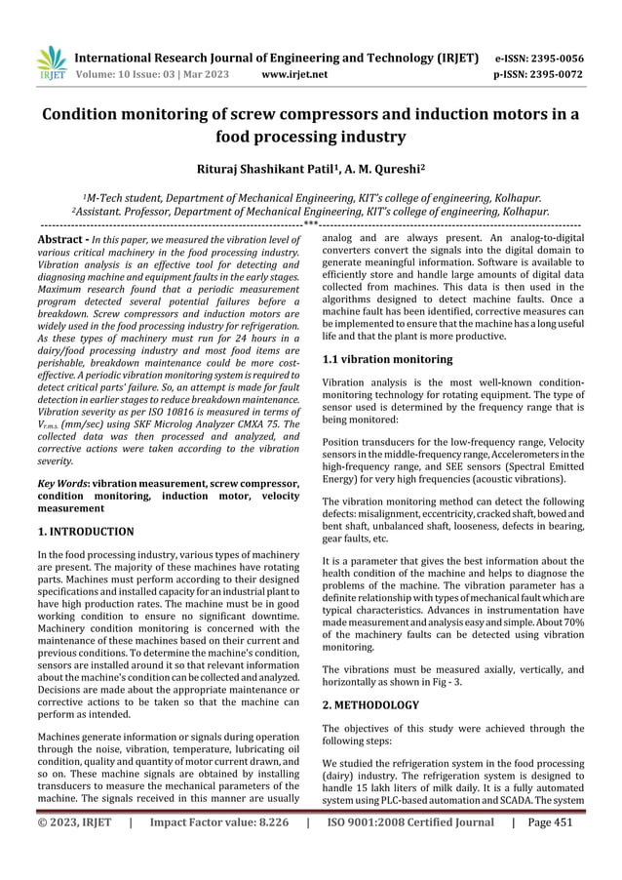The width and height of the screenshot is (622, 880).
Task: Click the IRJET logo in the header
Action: pyautogui.click(x=49, y=62)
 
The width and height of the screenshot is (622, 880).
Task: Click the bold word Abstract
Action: pyautogui.click(x=62, y=238)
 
